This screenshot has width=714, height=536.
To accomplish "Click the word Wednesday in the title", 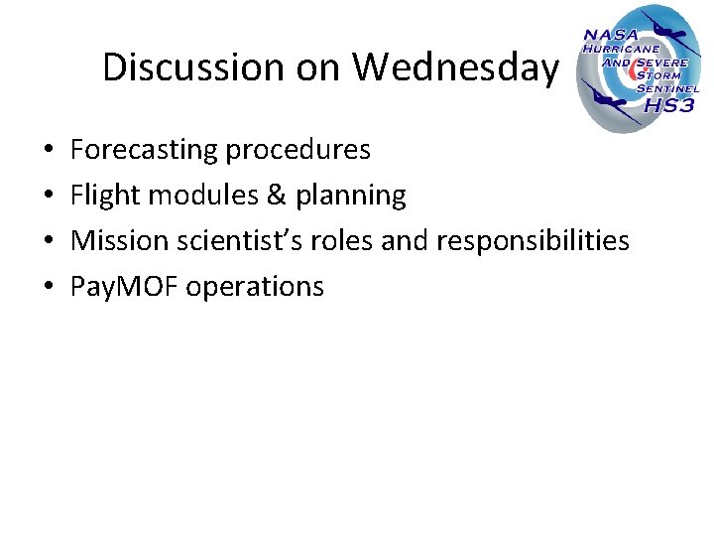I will click(456, 67).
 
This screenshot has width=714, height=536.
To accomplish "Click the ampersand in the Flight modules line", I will click(275, 196).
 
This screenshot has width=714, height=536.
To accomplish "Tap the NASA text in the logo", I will click(611, 35).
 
